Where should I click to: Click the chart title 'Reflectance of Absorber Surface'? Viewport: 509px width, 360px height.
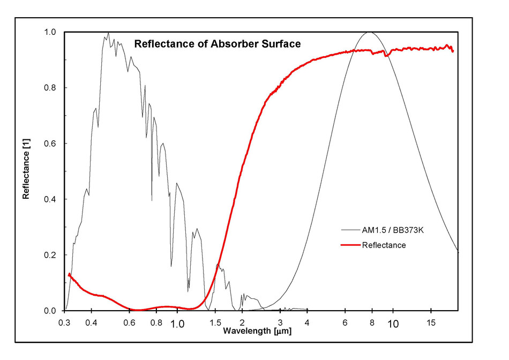217,44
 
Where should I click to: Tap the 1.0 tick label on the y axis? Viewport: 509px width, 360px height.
50,32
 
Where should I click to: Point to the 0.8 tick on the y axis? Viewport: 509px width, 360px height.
50,88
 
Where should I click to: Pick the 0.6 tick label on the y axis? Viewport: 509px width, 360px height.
50,144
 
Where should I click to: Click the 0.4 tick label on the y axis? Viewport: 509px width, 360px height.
50,199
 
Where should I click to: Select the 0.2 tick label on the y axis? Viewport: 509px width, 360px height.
50,255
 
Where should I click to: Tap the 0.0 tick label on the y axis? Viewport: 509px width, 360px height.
50,311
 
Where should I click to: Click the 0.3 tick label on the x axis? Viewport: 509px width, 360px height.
65,323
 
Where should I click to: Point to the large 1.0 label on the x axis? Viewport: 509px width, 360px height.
177,324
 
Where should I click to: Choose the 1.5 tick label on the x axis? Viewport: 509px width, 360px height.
216,323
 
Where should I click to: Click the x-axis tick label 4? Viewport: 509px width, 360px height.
307,323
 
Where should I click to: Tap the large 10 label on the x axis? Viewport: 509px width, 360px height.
393,324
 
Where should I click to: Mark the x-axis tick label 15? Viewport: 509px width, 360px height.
430,323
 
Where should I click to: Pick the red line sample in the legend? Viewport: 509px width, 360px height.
349,245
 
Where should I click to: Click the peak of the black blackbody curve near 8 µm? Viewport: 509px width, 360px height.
369,32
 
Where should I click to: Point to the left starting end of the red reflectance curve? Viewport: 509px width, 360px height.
69,275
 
